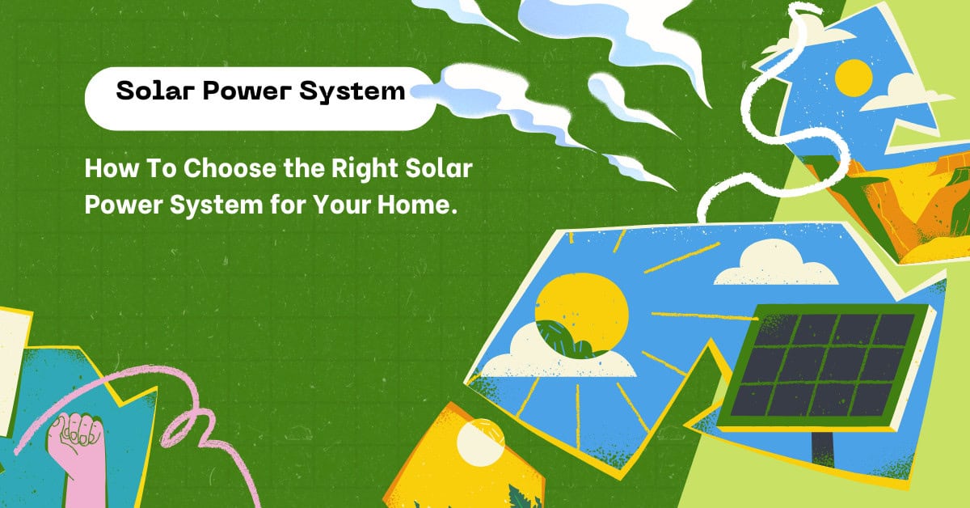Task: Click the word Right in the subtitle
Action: pyautogui.click(x=365, y=169)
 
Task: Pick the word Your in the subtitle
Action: pyautogui.click(x=342, y=205)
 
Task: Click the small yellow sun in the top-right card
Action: pyautogui.click(x=853, y=78)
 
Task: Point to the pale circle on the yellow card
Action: pyautogui.click(x=481, y=442)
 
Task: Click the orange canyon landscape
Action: pyautogui.click(x=900, y=208)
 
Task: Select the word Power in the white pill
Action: pyautogui.click(x=247, y=91)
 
